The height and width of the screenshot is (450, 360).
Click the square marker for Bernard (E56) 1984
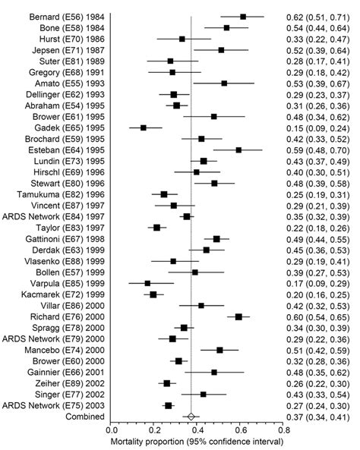click(243, 16)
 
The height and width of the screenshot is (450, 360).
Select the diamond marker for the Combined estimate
click(191, 417)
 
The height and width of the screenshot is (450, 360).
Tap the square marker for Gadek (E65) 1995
click(144, 127)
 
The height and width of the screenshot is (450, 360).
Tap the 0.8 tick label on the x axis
click(283, 430)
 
